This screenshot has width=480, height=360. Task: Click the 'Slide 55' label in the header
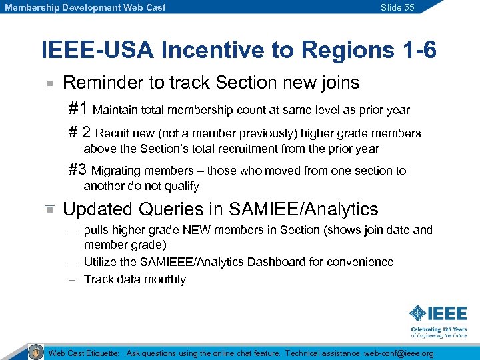click(x=397, y=7)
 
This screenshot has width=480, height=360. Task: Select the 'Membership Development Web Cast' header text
click(x=85, y=7)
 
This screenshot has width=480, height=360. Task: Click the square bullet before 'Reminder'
click(x=49, y=84)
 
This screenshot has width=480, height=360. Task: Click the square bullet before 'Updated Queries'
click(x=49, y=209)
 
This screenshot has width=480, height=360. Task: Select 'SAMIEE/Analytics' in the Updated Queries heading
click(x=303, y=209)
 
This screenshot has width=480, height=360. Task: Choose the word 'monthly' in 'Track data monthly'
click(x=164, y=279)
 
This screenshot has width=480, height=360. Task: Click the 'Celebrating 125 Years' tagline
click(x=439, y=329)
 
